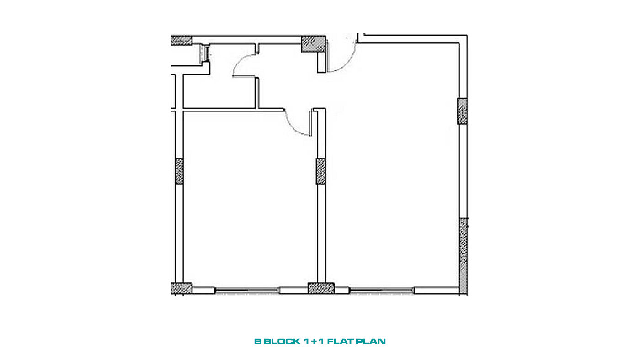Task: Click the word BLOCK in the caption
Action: click(x=282, y=341)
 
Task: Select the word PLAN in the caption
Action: click(x=371, y=341)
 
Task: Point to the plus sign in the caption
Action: click(x=314, y=341)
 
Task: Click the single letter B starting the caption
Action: click(x=258, y=341)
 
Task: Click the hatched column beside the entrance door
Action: click(x=314, y=44)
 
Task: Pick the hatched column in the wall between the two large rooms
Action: click(x=320, y=171)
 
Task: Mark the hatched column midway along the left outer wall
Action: click(x=179, y=171)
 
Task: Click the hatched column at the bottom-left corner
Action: click(x=181, y=288)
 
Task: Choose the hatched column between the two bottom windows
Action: click(x=321, y=288)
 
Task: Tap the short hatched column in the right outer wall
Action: click(x=462, y=111)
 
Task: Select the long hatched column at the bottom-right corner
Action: click(x=464, y=256)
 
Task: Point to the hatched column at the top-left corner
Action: click(x=181, y=41)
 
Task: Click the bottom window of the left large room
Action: click(x=247, y=291)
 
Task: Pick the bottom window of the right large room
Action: click(x=382, y=291)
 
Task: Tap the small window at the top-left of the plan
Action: click(x=206, y=53)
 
